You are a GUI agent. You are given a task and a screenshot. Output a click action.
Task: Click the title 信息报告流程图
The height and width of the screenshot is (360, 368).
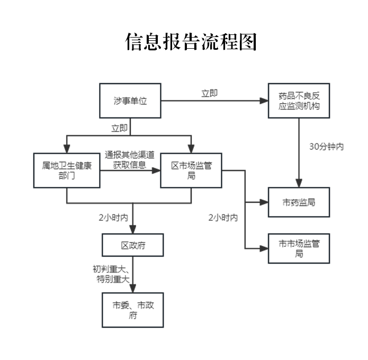coord(191,42)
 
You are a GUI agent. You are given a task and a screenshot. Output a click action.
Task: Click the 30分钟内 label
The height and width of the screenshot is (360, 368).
coord(327,147)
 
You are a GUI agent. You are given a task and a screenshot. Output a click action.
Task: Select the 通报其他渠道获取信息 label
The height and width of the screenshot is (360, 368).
coord(130,160)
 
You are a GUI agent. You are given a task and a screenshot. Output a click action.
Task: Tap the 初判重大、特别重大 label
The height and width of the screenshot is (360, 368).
coord(111,274)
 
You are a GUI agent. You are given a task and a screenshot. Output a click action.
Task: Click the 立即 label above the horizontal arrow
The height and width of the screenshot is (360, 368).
coord(209,93)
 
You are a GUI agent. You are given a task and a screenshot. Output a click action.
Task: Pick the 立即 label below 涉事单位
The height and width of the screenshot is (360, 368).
coord(120,128)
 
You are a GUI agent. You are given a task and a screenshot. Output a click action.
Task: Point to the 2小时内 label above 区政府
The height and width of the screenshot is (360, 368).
coord(113,218)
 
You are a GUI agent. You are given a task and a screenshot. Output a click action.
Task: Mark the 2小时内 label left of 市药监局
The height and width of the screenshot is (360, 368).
coord(223,218)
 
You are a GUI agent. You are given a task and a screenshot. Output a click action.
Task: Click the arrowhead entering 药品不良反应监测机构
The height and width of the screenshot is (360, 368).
coord(264,101)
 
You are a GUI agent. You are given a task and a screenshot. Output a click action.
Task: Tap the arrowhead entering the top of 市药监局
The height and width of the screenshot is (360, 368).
coord(299,183)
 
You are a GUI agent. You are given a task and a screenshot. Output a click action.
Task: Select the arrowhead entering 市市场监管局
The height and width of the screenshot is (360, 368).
coord(264,248)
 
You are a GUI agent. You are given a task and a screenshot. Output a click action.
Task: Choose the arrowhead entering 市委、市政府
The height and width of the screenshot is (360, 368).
coord(133,289)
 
